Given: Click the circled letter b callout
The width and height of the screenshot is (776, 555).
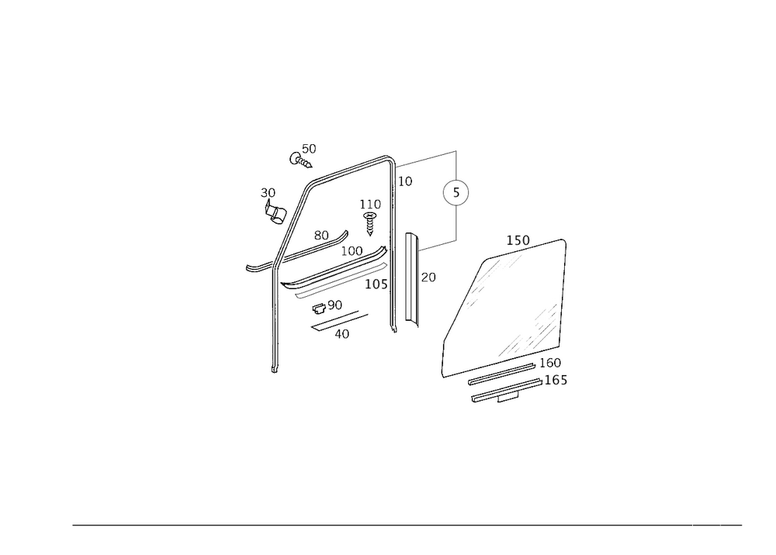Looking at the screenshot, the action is tap(456, 194).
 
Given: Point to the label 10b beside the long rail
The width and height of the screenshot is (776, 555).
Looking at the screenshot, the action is tap(377, 284).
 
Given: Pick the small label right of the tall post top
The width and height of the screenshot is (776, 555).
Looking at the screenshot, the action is tap(406, 181).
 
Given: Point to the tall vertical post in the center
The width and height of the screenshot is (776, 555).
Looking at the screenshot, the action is tap(390, 240).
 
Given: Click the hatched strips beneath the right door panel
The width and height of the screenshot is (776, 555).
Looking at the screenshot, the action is tap(504, 388).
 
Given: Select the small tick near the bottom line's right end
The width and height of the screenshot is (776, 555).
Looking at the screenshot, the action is tap(720, 526).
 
